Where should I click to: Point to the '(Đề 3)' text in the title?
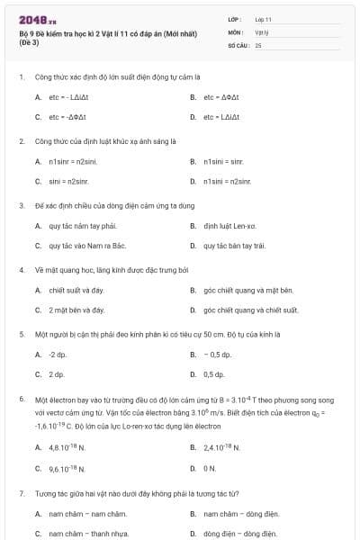coord(29,44)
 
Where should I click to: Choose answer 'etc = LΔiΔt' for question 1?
coord(220,117)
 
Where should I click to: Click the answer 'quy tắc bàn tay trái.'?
coord(234,245)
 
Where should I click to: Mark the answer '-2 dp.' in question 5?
coord(57,355)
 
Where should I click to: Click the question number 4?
coord(21,269)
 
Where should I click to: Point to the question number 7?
coord(21,494)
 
